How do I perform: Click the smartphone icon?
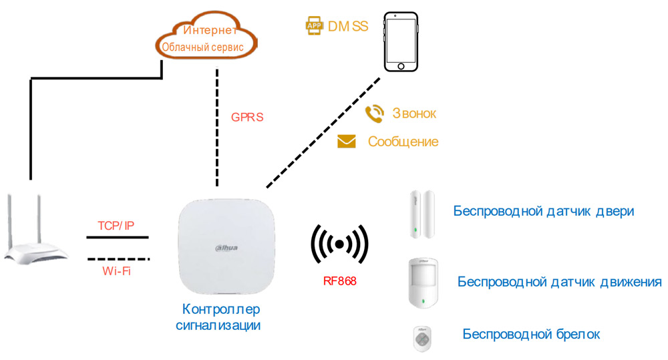(x=401, y=41)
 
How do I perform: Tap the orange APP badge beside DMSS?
(x=313, y=25)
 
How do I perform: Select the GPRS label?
(x=247, y=117)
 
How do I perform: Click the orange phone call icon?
(x=374, y=114)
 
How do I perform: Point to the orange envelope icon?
(x=346, y=142)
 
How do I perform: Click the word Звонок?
(x=414, y=114)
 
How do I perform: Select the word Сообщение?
(x=403, y=142)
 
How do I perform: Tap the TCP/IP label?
(x=116, y=226)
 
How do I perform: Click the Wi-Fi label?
(x=118, y=271)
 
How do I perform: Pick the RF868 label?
(x=339, y=281)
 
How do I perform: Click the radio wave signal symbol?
(x=339, y=244)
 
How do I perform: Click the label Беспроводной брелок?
(x=531, y=334)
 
